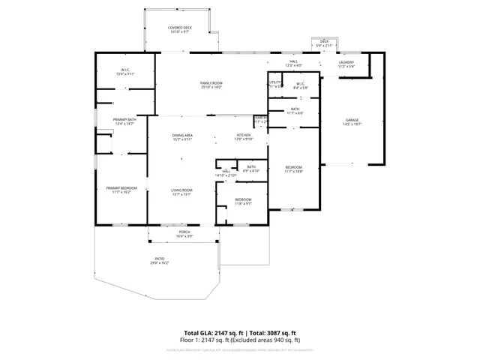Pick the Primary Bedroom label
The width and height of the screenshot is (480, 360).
click(x=121, y=190)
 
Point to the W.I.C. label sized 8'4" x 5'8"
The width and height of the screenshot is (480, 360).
click(x=300, y=85)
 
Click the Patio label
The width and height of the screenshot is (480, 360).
click(x=159, y=260)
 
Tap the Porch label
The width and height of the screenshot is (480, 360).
click(x=183, y=234)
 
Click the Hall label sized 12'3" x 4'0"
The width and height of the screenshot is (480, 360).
click(x=294, y=63)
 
